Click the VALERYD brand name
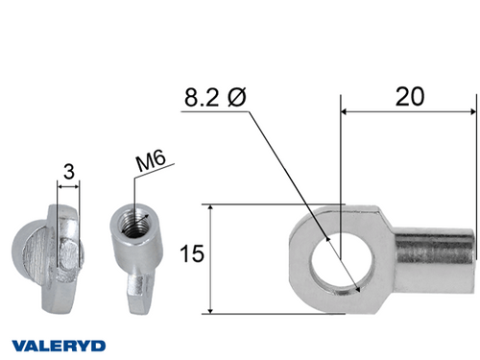60,344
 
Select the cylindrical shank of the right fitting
437,254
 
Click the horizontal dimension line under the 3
70,185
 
